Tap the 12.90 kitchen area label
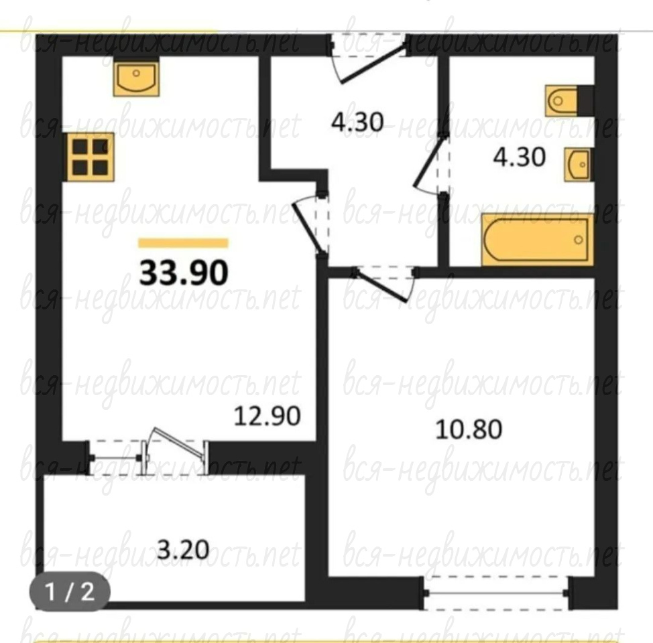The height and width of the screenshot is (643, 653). pos(267,416)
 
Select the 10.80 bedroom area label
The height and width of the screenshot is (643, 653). pos(469,429)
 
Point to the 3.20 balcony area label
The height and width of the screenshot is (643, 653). pos(183,549)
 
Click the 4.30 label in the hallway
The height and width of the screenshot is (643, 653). pos(357,123)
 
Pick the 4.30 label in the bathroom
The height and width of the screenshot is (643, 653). pos(519,157)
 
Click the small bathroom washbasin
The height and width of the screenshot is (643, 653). pos(577,164)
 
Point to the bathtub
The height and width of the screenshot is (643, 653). pos(537,240)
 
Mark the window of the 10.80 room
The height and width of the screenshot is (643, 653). pos(495,593)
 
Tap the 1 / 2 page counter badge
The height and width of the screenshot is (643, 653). pos(70,591)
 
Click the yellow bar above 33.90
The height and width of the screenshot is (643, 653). pos(183,242)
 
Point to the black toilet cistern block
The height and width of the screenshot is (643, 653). pos(585,100)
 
